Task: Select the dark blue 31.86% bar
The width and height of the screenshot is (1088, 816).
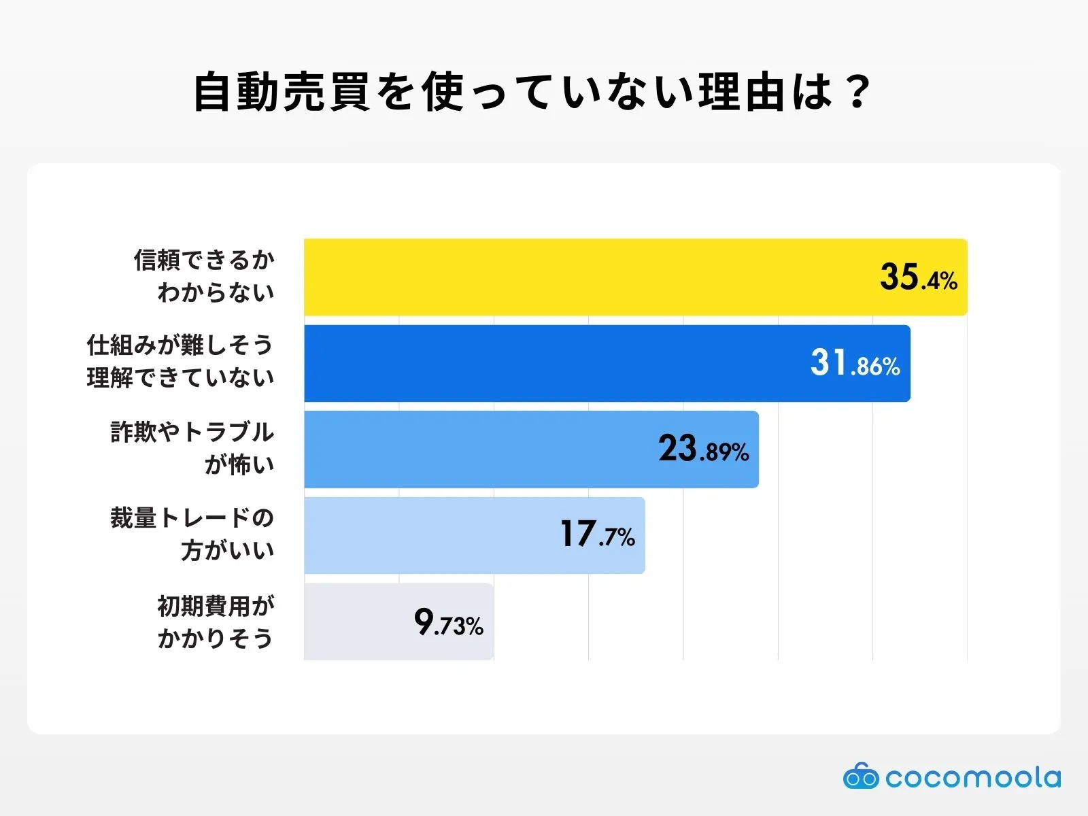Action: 544,363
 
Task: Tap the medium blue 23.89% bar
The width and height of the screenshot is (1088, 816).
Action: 476,449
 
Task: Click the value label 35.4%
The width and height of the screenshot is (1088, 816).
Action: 918,277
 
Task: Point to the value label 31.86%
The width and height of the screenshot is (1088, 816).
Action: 855,363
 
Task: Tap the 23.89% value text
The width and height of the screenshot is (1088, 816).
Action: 703,449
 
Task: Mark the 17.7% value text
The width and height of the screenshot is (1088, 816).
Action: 597,535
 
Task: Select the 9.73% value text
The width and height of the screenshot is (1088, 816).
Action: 448,622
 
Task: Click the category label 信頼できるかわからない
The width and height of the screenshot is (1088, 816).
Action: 204,276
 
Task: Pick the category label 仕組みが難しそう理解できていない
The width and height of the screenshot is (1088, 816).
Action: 180,362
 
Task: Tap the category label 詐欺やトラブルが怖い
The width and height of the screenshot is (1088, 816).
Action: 192,448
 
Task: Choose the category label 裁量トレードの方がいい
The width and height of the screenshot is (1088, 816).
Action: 192,534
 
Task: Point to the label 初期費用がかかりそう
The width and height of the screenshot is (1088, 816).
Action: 216,622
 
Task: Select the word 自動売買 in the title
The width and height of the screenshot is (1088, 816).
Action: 281,92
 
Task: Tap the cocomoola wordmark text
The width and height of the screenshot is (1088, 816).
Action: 972,777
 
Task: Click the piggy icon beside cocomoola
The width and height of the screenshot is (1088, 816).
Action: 860,776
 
